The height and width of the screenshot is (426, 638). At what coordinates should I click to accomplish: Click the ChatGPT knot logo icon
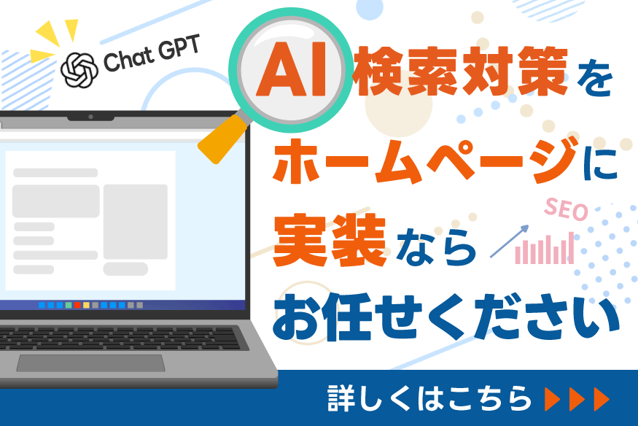(x=79, y=70)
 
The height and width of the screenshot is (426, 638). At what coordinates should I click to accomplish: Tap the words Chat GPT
(x=152, y=54)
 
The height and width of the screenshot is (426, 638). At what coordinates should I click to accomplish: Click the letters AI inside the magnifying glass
(x=292, y=69)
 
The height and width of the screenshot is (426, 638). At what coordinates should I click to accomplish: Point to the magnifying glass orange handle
(x=222, y=139)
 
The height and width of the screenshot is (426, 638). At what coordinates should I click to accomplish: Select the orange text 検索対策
(x=460, y=71)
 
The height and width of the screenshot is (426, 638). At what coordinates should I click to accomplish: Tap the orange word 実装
(x=330, y=240)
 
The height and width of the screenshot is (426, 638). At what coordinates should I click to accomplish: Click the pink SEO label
(x=567, y=209)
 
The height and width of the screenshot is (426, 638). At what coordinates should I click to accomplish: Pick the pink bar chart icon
(x=545, y=248)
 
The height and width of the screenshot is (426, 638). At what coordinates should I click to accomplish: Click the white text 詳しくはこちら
(x=429, y=398)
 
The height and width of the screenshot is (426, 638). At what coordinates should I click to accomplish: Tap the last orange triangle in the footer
(x=602, y=399)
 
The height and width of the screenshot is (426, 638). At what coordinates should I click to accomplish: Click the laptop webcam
(x=90, y=117)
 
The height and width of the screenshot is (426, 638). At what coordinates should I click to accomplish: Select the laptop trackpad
(x=90, y=363)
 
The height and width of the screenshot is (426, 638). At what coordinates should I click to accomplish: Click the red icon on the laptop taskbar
(x=77, y=305)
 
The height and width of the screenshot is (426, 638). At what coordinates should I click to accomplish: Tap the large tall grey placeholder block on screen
(x=136, y=222)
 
